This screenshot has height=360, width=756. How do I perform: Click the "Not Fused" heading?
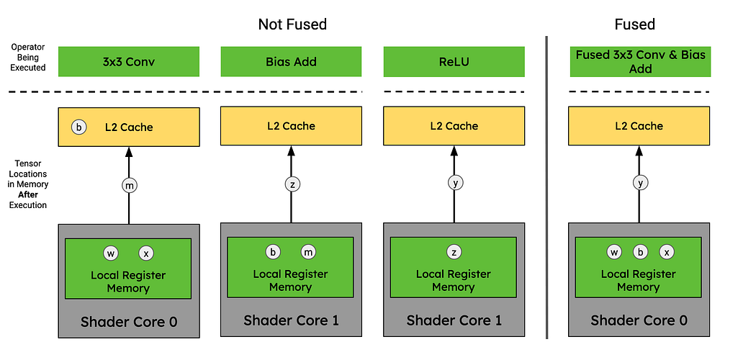[292, 24]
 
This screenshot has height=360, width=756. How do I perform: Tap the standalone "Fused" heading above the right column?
[634, 24]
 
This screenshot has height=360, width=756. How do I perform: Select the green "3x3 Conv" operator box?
[129, 62]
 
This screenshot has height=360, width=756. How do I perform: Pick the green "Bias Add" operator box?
[291, 62]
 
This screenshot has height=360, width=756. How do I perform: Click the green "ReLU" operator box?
[454, 62]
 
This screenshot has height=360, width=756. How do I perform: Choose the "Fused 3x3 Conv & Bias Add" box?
[640, 62]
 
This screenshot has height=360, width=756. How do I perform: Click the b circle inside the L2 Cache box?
[79, 127]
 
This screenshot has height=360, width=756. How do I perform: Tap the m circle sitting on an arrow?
[129, 186]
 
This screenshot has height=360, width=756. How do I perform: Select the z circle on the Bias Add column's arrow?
[292, 184]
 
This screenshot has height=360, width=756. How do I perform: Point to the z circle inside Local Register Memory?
[454, 251]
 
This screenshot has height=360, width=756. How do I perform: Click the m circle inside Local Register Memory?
[309, 252]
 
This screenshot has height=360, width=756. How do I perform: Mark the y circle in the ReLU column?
[454, 183]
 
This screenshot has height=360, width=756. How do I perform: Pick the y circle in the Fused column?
[640, 183]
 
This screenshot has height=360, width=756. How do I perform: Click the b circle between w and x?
[640, 252]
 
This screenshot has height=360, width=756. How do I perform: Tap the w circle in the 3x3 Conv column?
[110, 253]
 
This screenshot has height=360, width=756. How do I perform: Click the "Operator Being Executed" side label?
[28, 58]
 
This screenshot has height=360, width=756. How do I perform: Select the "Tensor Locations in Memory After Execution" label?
[28, 184]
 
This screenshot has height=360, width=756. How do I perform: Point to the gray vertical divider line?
[546, 187]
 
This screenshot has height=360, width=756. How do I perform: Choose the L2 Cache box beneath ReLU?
[454, 126]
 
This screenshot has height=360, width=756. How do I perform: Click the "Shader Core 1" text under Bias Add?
[291, 320]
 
